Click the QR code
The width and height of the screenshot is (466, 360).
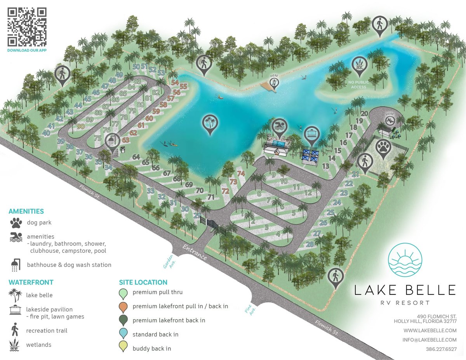27,27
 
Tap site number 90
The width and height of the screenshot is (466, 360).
81,126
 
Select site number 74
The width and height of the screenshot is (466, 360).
241,174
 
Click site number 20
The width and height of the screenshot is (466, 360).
364,114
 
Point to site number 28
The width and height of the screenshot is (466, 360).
310,244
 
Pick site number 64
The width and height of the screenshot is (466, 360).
136,157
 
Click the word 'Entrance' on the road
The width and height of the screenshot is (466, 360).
194,252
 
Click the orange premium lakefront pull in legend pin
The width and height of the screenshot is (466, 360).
124,306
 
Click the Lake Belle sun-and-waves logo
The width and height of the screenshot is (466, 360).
405,260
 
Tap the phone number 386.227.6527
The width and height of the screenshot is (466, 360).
441,349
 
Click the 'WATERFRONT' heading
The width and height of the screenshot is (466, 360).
31,282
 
